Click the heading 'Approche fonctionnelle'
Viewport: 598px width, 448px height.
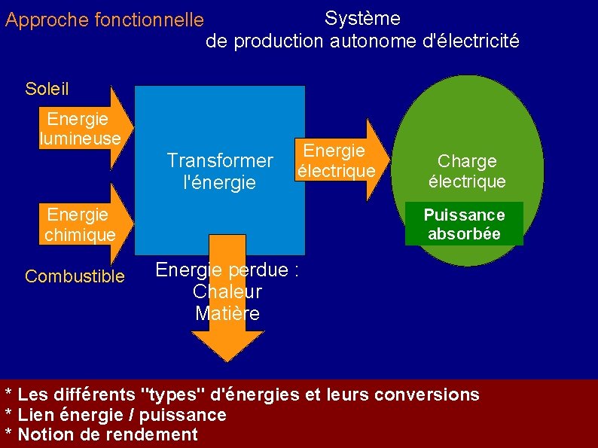(104, 20)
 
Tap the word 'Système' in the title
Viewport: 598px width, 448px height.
(362, 18)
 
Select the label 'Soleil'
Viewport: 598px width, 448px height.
(47, 89)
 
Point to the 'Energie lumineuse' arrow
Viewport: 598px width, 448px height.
(83, 129)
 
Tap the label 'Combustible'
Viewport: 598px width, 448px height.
(75, 276)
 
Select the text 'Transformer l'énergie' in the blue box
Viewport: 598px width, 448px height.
(219, 172)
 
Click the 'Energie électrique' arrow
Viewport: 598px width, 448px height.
(339, 160)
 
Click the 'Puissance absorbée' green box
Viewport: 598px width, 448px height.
(464, 224)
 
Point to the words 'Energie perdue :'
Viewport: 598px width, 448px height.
(227, 270)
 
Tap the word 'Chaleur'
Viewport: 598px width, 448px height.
(227, 291)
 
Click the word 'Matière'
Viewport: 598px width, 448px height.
(227, 313)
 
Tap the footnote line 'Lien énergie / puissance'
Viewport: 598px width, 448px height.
(121, 415)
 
